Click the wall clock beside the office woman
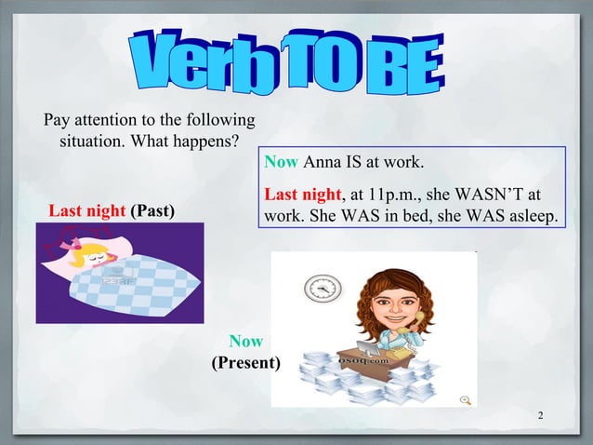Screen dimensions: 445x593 [x=323, y=289]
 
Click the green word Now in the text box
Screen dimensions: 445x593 [x=281, y=164]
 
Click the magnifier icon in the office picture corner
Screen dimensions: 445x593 [x=466, y=398]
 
